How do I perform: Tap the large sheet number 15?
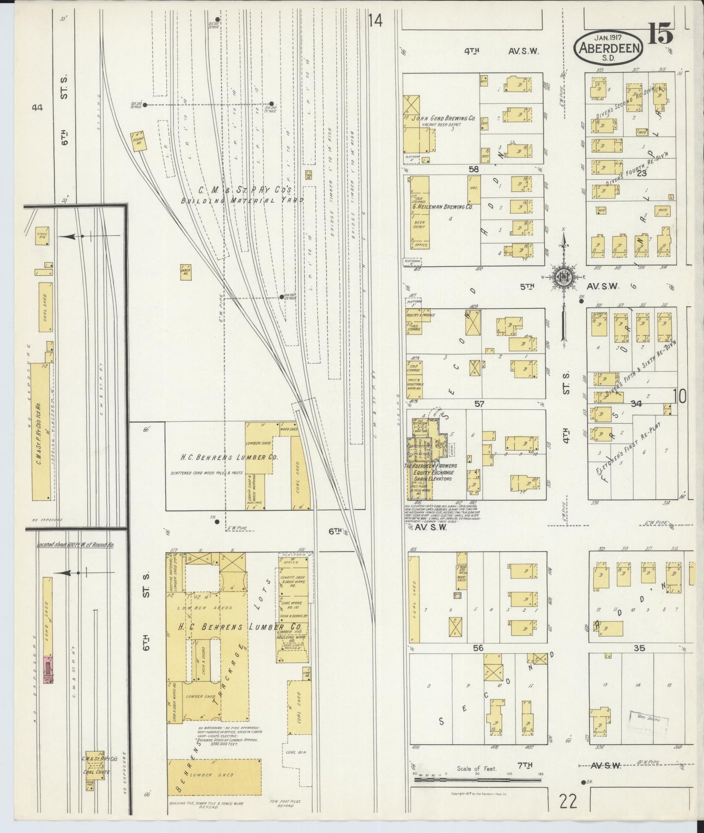coord(661,35)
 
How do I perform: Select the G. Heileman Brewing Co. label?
coord(442,207)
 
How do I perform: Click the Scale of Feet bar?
coord(476,780)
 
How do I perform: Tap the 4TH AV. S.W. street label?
coord(502,50)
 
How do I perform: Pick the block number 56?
coord(478,648)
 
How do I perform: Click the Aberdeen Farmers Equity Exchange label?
coord(430,472)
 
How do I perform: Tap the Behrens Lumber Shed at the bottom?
coord(214,775)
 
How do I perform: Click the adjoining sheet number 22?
coord(568,801)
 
